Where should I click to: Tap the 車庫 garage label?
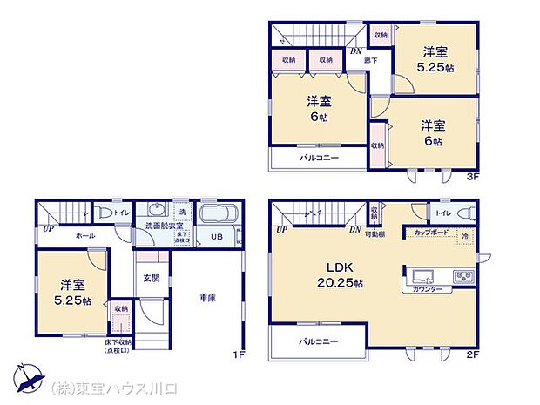pos(206,298)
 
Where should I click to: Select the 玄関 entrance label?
pos(151,279)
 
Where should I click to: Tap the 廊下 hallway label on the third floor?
pos(371,61)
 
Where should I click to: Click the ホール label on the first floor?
pos(85,235)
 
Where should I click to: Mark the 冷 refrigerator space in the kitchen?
pos(466,235)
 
